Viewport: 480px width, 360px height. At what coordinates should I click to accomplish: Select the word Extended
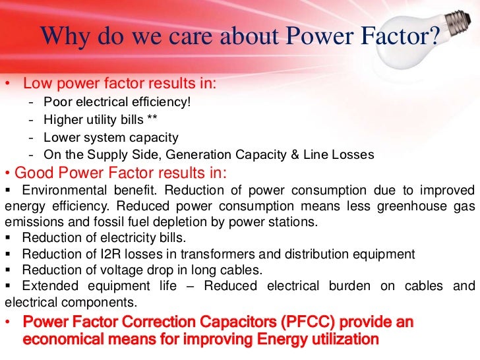(46, 286)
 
